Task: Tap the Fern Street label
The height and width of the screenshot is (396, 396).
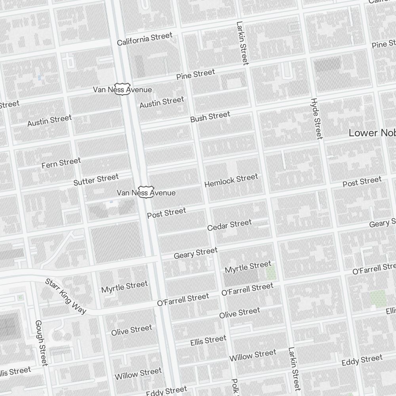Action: point(61,163)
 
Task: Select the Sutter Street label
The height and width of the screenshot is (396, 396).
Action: point(96,180)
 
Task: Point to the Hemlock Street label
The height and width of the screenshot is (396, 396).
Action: point(231,181)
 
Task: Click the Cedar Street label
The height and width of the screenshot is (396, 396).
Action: point(229,225)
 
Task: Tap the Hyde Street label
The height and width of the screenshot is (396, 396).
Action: point(316,119)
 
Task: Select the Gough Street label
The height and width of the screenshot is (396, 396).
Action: point(41,343)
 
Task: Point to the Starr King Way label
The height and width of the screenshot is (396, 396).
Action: point(65,296)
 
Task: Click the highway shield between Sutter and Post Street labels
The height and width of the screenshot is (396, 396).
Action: point(145,192)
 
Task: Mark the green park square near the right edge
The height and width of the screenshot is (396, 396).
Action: point(378,298)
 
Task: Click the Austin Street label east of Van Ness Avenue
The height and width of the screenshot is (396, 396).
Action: point(162,102)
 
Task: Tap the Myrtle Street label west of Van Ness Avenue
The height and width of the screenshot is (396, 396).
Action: point(124,287)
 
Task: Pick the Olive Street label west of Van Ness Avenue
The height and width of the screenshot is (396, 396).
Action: point(131,330)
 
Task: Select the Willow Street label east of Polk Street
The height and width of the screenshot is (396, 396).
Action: point(253,355)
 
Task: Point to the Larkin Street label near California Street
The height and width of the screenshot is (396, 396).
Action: point(242,43)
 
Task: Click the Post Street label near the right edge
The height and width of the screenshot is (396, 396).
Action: point(362,182)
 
